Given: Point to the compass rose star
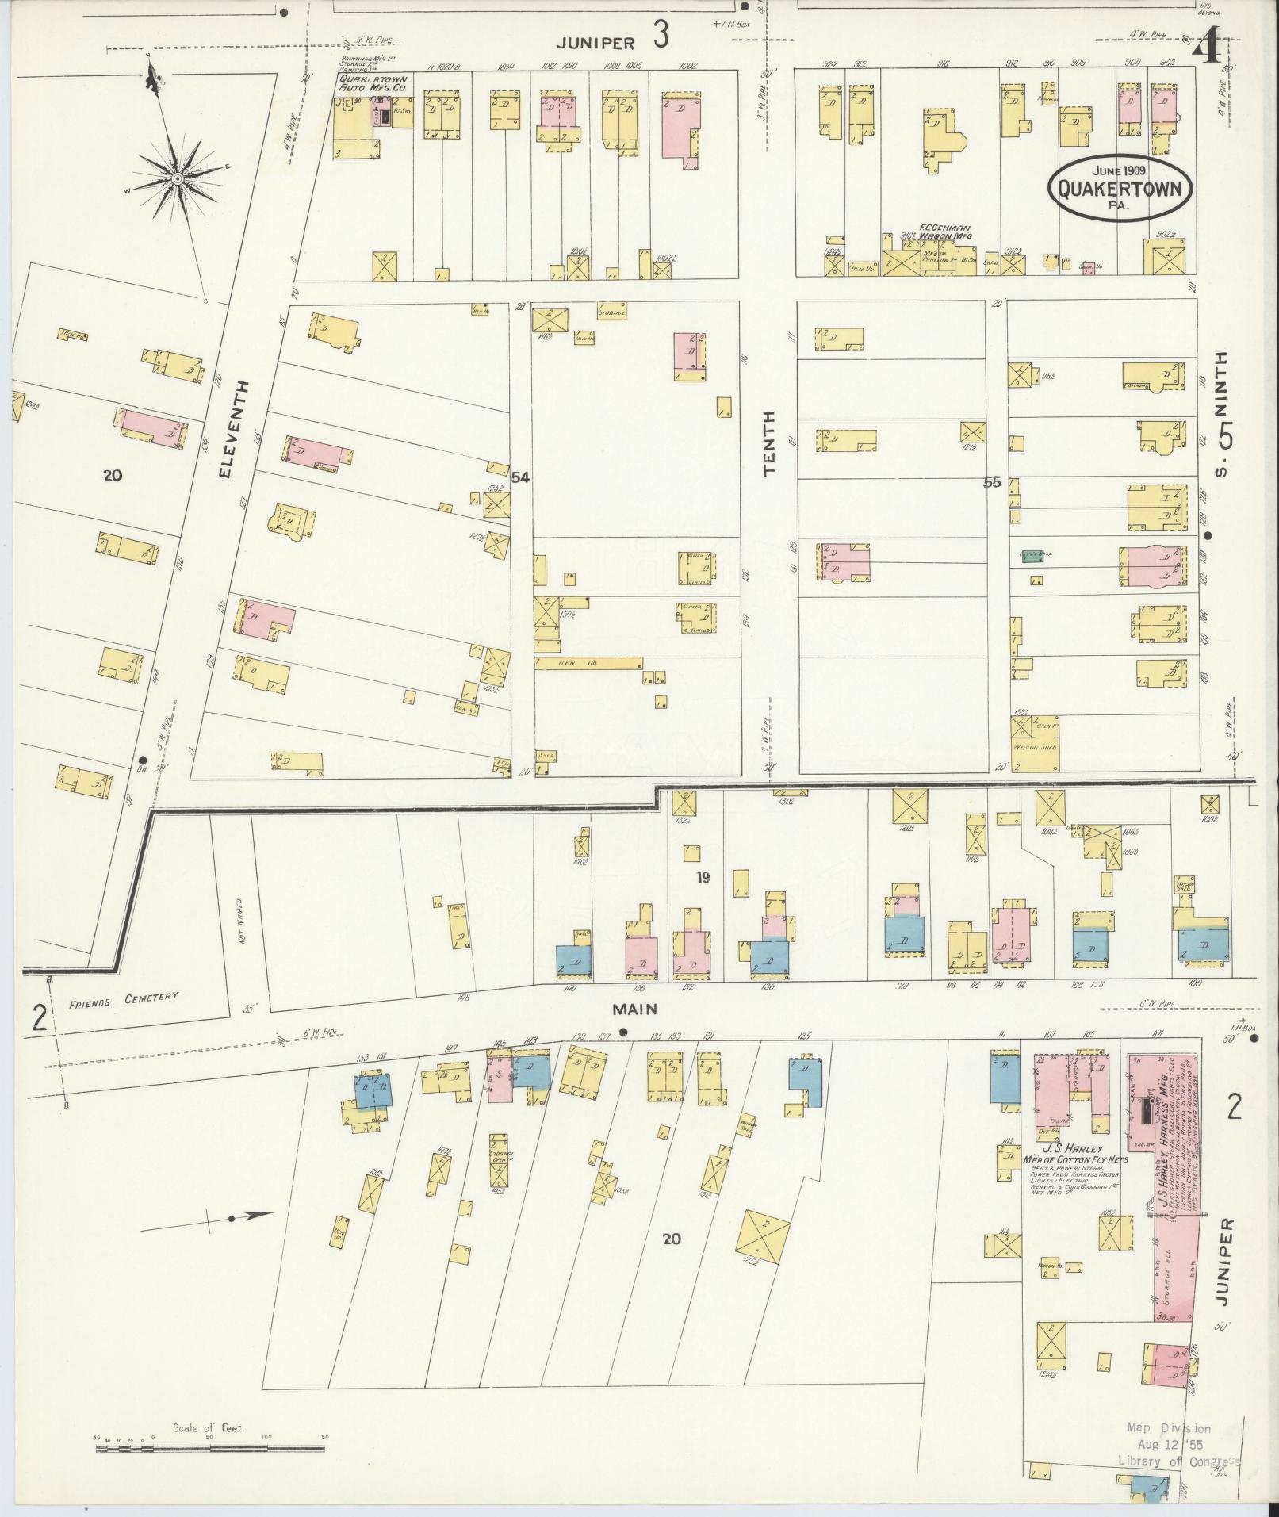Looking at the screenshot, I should point(178,178).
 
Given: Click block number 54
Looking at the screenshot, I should point(520,477).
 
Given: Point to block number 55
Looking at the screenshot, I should point(992,481).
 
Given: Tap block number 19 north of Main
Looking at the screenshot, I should point(703,878).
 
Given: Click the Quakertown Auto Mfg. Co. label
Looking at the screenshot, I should point(373,85).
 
